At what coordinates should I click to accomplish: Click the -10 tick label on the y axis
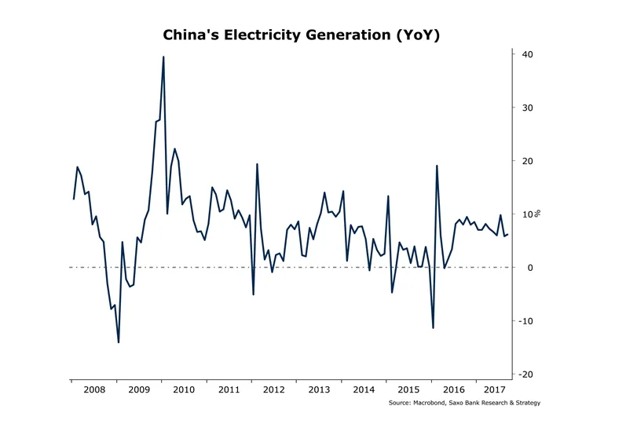pyautogui.click(x=525, y=321)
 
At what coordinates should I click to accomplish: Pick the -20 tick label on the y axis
pyautogui.click(x=525, y=375)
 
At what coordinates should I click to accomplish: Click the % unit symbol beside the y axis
pyautogui.click(x=539, y=214)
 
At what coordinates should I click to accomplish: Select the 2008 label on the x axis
pyautogui.click(x=93, y=389)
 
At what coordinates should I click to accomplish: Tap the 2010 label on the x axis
pyautogui.click(x=184, y=389)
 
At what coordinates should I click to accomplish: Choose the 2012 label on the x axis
pyautogui.click(x=274, y=389)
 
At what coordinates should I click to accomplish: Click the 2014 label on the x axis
pyautogui.click(x=364, y=389)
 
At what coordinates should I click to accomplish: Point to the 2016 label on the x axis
pyautogui.click(x=455, y=389)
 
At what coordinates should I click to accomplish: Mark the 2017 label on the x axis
pyautogui.click(x=495, y=389)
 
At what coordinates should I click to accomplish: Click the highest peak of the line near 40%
pyautogui.click(x=163, y=57)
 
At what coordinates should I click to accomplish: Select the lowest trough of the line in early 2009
pyautogui.click(x=119, y=342)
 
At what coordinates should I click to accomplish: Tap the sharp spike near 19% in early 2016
pyautogui.click(x=437, y=166)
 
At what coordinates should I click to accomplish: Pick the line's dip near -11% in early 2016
pyautogui.click(x=433, y=327)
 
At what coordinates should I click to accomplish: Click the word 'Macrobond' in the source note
pyautogui.click(x=433, y=403)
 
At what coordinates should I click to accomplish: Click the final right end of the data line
pyautogui.click(x=508, y=234)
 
